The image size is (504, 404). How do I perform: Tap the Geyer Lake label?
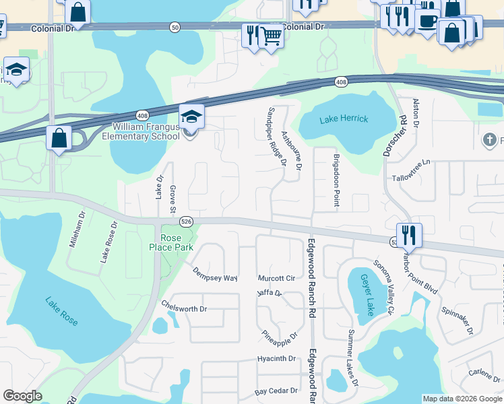tap(367, 294)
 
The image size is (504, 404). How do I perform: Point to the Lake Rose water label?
tap(61, 311)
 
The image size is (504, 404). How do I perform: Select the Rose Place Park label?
tap(171, 242)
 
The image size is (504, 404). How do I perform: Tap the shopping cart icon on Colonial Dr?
tap(271, 36)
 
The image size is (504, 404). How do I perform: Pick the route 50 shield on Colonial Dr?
tap(175, 28)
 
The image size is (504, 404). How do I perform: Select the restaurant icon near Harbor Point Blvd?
tap(409, 236)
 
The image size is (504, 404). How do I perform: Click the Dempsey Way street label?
tap(215, 274)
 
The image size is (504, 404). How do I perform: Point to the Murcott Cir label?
tap(277, 278)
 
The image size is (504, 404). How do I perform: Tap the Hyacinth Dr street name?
tap(277, 359)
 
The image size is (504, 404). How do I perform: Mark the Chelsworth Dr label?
tap(184, 309)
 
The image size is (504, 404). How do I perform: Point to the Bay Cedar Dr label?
tap(276, 391)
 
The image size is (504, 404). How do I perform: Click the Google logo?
tap(22, 396)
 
